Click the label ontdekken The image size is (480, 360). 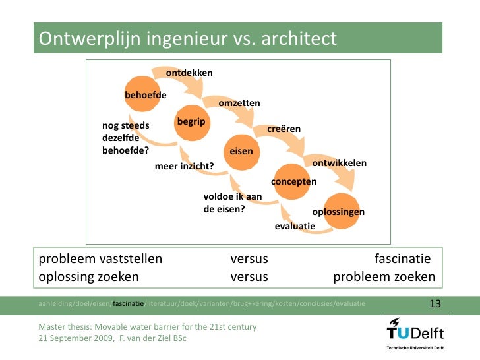tap(189, 72)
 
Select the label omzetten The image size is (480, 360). tap(239, 104)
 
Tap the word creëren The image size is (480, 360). tap(284, 129)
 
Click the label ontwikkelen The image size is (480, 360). tap(339, 163)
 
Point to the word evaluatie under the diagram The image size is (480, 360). tap(295, 226)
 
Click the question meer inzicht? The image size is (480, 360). tap(184, 166)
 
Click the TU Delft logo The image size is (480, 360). tap(414, 331)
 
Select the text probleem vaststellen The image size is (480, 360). tap(100, 258)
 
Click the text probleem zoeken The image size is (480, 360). tap(384, 276)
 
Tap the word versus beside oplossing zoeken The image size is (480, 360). tap(249, 276)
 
